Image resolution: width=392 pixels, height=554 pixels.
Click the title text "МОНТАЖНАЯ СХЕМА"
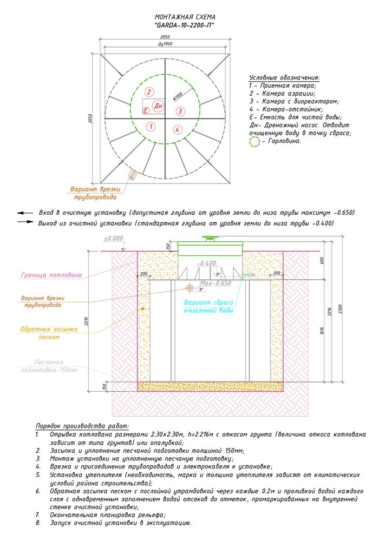(185, 17)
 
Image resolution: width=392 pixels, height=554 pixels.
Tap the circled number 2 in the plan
(151, 91)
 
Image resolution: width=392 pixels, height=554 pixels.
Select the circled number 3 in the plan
(181, 111)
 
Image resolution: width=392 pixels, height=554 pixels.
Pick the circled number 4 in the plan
(177, 129)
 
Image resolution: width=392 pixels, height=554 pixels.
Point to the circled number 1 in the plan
(151, 127)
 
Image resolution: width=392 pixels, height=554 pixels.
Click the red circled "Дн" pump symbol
(159, 105)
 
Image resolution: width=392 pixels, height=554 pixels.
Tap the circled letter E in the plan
(146, 111)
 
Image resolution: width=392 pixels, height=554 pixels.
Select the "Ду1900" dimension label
(165, 44)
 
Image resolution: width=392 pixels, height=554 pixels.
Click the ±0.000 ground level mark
(114, 238)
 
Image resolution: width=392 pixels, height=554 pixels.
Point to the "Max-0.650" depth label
(215, 283)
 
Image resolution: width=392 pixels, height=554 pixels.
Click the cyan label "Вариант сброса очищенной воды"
(208, 306)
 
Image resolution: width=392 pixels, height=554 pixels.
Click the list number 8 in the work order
(37, 523)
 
